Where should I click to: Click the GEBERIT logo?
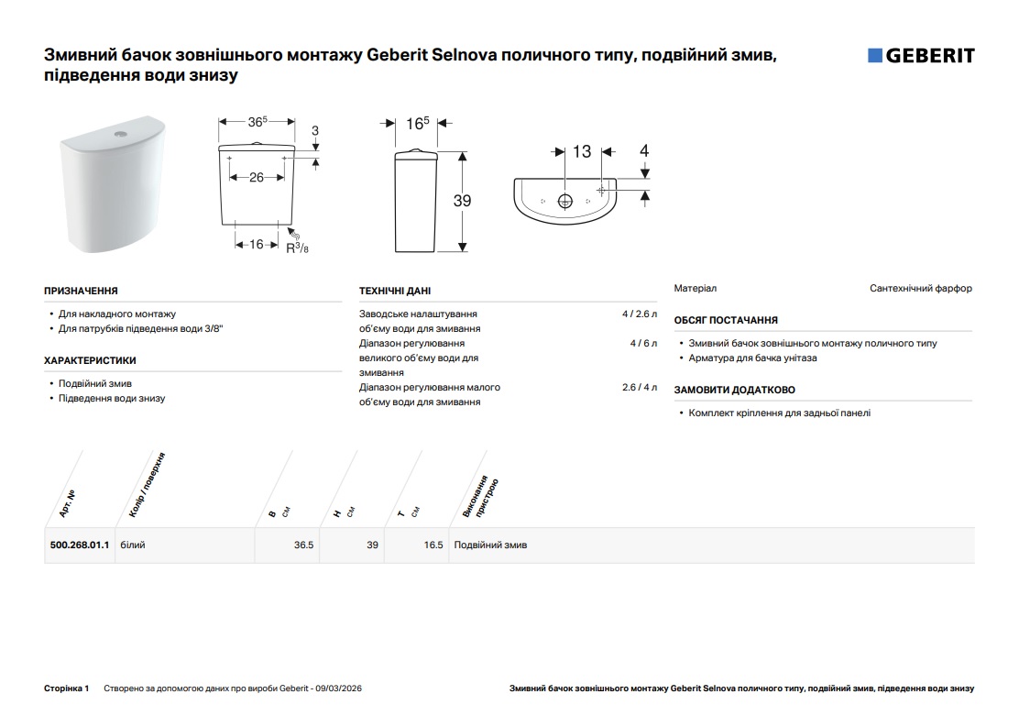(921, 56)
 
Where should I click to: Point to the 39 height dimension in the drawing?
(462, 200)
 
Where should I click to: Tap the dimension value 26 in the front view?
(257, 177)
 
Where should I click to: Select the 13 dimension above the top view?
(582, 151)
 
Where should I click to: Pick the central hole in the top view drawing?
(565, 200)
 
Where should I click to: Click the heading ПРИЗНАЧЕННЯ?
(81, 291)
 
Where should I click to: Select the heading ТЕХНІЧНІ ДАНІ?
(394, 291)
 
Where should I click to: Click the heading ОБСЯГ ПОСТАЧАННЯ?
(726, 320)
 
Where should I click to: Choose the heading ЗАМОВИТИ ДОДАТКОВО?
(734, 390)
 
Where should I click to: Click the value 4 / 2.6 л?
(640, 314)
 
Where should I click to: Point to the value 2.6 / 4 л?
(640, 387)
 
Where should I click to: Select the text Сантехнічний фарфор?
(920, 288)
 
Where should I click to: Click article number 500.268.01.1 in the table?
(80, 545)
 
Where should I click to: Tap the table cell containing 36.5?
(303, 545)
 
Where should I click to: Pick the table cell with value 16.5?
(433, 545)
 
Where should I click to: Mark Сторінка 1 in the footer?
(66, 688)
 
